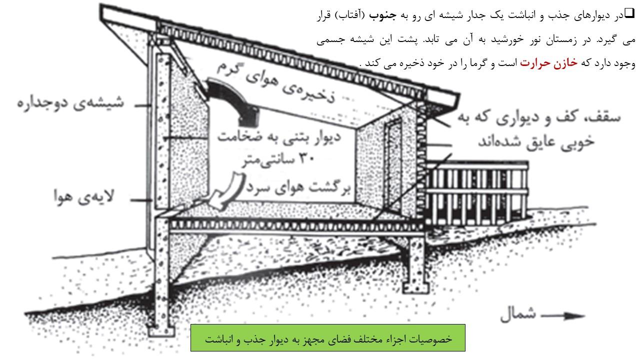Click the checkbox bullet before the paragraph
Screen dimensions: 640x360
click(x=629, y=13)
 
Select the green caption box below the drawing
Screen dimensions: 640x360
click(x=327, y=337)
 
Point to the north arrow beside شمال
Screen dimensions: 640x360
click(x=563, y=315)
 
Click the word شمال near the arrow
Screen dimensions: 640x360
click(x=518, y=314)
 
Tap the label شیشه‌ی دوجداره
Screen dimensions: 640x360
click(x=70, y=103)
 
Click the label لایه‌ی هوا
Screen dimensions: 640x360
click(x=84, y=196)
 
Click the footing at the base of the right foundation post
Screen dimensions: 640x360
click(x=415, y=288)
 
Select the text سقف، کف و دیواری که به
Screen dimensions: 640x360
click(x=539, y=117)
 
